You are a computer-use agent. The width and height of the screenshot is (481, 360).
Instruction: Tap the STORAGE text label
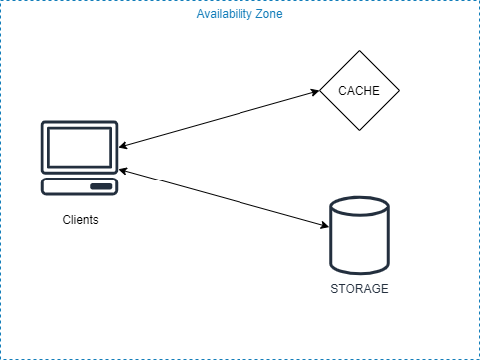coord(358,289)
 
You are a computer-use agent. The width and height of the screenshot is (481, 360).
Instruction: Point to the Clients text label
coord(79,219)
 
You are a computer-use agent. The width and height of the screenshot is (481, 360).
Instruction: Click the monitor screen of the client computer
coord(79,148)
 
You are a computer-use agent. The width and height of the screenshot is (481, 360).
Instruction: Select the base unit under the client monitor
coord(79,186)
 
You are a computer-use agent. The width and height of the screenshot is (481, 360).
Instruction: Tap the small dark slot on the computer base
coord(101,186)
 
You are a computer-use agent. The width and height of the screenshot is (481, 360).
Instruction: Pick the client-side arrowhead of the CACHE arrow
coord(124,146)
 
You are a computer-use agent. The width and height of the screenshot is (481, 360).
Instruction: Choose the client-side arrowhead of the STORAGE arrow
coord(124,172)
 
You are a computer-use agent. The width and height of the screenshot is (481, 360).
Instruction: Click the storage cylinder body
coord(358,244)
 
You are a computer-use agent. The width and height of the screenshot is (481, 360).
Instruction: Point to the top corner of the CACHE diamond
coord(359,52)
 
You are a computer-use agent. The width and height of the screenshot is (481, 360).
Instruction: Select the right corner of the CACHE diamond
coord(399,91)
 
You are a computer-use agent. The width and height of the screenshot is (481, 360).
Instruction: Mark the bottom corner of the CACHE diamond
coord(359,130)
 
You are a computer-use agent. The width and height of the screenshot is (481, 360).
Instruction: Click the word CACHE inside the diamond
coord(359,91)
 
